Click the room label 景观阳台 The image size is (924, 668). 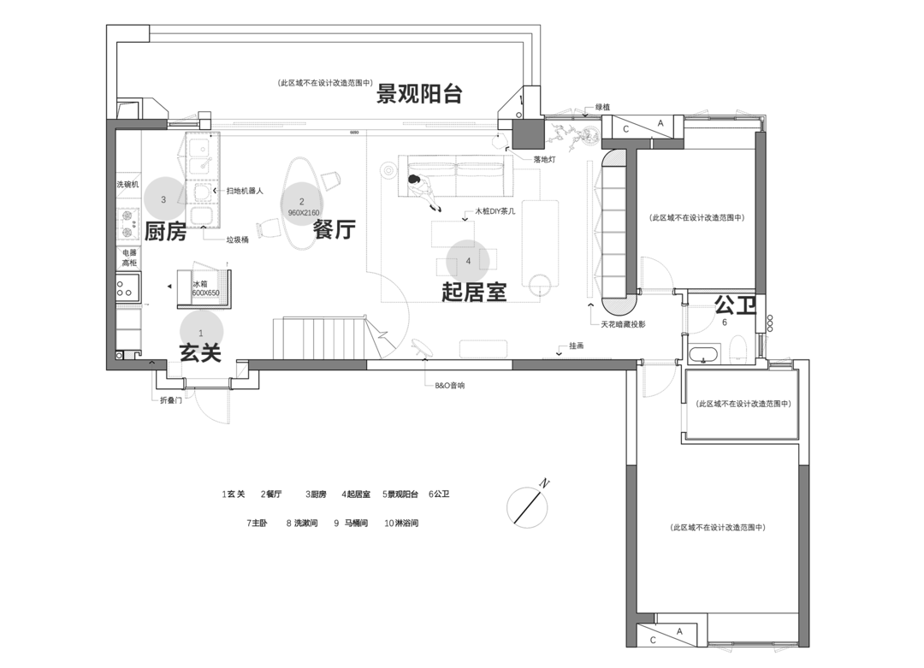click(x=420, y=93)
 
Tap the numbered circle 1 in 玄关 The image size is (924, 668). click(x=201, y=331)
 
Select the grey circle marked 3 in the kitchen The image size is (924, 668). click(x=163, y=199)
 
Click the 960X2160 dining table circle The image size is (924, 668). click(x=302, y=205)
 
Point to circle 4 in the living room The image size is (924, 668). click(x=468, y=260)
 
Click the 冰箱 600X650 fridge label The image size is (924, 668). click(x=205, y=288)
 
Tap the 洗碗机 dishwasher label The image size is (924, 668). click(x=127, y=185)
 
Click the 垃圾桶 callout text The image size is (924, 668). click(x=237, y=240)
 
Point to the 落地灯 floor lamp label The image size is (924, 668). click(x=545, y=159)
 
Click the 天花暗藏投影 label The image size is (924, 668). click(x=623, y=324)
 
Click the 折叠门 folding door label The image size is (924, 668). click(x=170, y=400)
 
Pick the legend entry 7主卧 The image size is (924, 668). click(x=257, y=523)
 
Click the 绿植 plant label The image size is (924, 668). click(x=603, y=107)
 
